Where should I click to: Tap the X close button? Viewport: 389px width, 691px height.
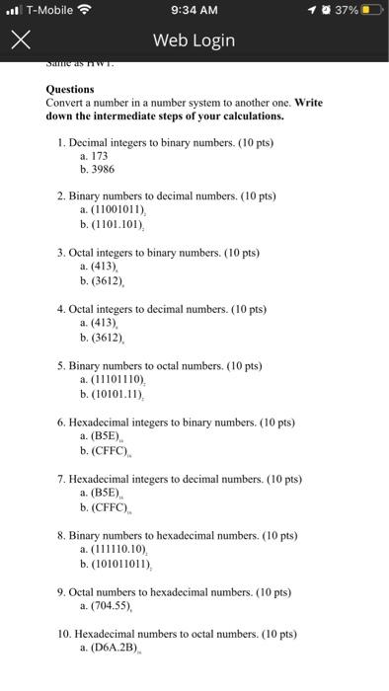click(20, 39)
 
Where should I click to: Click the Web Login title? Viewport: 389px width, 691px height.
click(194, 39)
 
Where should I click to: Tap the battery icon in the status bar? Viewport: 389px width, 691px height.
click(369, 11)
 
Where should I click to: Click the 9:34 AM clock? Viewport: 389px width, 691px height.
click(194, 11)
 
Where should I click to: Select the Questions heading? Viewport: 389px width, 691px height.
click(70, 89)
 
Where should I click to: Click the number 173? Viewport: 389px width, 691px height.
click(99, 156)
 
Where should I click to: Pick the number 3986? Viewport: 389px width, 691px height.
click(103, 169)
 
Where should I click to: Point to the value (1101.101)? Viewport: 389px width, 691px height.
click(119, 224)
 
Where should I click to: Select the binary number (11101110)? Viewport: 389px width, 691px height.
click(121, 379)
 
